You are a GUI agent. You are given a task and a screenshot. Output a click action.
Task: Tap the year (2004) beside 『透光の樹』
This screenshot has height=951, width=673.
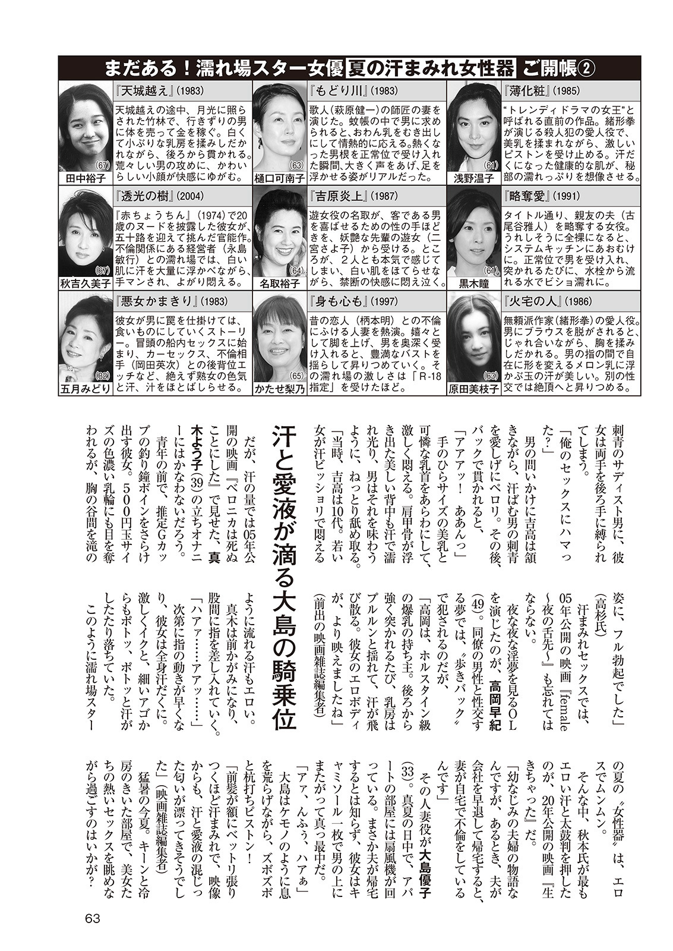pos(192,196)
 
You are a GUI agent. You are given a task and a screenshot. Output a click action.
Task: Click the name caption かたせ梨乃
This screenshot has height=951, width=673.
pos(279,389)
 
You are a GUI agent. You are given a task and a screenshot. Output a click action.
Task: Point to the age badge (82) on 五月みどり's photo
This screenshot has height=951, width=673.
pos(103,376)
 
